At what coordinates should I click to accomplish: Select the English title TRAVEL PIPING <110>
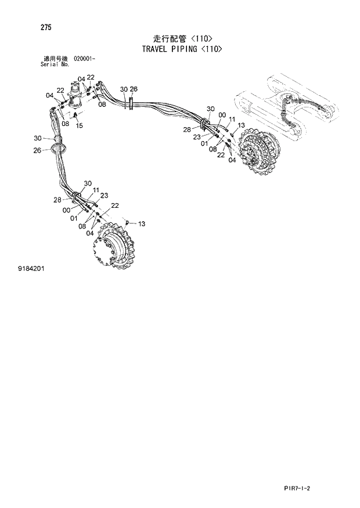tap(182, 49)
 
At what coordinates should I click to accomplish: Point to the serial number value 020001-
tap(85, 59)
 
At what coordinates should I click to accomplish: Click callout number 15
tap(80, 126)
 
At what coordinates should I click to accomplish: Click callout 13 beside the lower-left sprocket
tap(141, 224)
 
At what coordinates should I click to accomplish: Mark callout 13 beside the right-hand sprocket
tap(241, 125)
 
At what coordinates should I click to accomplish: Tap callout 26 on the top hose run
tap(134, 89)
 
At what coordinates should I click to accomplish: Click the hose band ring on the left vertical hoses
tap(57, 149)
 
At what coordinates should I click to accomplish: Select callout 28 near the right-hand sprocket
tap(187, 129)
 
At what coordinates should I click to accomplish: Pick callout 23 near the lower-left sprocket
tap(105, 195)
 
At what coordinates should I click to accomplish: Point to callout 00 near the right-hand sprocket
tap(222, 115)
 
